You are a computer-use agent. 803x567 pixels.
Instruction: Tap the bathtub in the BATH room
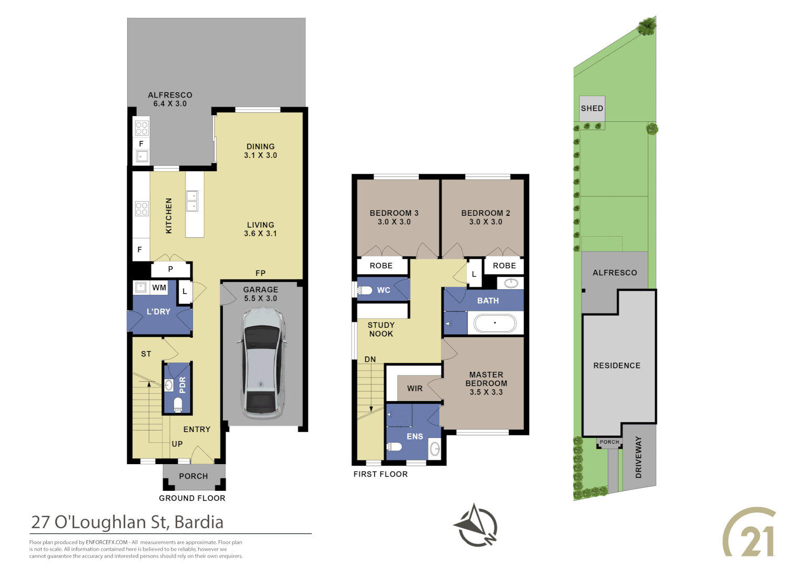[495, 323]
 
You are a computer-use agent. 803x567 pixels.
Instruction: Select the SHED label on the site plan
[592, 108]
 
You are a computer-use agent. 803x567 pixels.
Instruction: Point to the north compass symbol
[476, 526]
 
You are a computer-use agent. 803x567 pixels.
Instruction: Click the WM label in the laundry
[159, 288]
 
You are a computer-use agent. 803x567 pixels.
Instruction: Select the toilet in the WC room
[365, 290]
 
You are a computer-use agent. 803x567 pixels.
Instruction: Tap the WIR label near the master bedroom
[415, 388]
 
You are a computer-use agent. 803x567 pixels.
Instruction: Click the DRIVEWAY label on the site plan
[639, 457]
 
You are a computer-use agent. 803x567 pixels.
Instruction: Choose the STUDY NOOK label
[381, 330]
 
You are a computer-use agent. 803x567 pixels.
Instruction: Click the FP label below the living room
[261, 273]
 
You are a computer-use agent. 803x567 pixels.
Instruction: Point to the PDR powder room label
[183, 385]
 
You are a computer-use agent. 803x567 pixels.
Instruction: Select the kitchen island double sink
[192, 201]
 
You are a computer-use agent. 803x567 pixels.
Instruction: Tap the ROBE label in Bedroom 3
[381, 266]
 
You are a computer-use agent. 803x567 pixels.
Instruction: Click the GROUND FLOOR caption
[192, 498]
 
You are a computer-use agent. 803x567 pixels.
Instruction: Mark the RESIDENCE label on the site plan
[616, 365]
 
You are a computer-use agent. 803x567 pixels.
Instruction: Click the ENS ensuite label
[415, 436]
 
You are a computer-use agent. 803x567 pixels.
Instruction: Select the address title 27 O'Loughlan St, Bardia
[127, 522]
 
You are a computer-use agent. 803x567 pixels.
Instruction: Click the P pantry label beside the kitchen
[170, 269]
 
